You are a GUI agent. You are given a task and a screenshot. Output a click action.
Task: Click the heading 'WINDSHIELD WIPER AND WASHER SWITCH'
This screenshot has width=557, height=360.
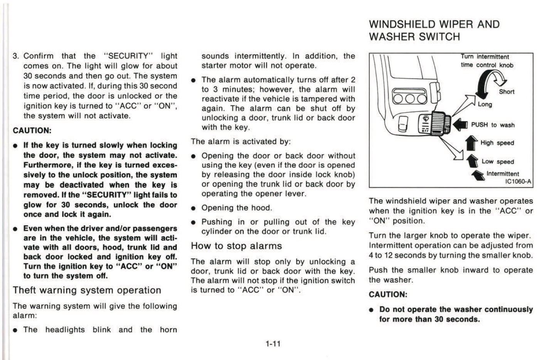click(434, 30)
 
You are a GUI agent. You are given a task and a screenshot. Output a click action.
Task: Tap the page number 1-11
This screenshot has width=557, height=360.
click(273, 343)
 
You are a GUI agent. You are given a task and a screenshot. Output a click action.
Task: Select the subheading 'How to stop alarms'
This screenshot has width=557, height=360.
click(236, 246)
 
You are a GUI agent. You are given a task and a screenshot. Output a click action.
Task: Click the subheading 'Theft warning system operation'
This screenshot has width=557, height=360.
click(87, 290)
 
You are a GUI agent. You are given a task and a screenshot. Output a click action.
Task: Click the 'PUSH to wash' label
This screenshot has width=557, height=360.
click(493, 125)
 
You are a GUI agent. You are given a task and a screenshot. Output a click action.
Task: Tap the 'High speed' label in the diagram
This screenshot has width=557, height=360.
click(497, 143)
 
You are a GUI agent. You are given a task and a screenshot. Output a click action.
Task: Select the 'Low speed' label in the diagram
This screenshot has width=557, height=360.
click(498, 162)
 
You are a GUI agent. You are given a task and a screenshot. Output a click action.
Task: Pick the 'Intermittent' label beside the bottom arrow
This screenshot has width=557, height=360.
click(503, 174)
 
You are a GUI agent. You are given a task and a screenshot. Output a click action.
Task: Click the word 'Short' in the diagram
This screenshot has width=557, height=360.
click(507, 92)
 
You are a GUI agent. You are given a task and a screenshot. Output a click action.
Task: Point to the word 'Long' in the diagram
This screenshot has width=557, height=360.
click(485, 104)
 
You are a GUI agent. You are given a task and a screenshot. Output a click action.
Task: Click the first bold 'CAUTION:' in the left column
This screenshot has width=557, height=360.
click(32, 130)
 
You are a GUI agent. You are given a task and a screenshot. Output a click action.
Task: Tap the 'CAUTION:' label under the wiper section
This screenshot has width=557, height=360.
click(388, 294)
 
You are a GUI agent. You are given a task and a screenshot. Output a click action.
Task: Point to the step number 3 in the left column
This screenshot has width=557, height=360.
click(15, 56)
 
